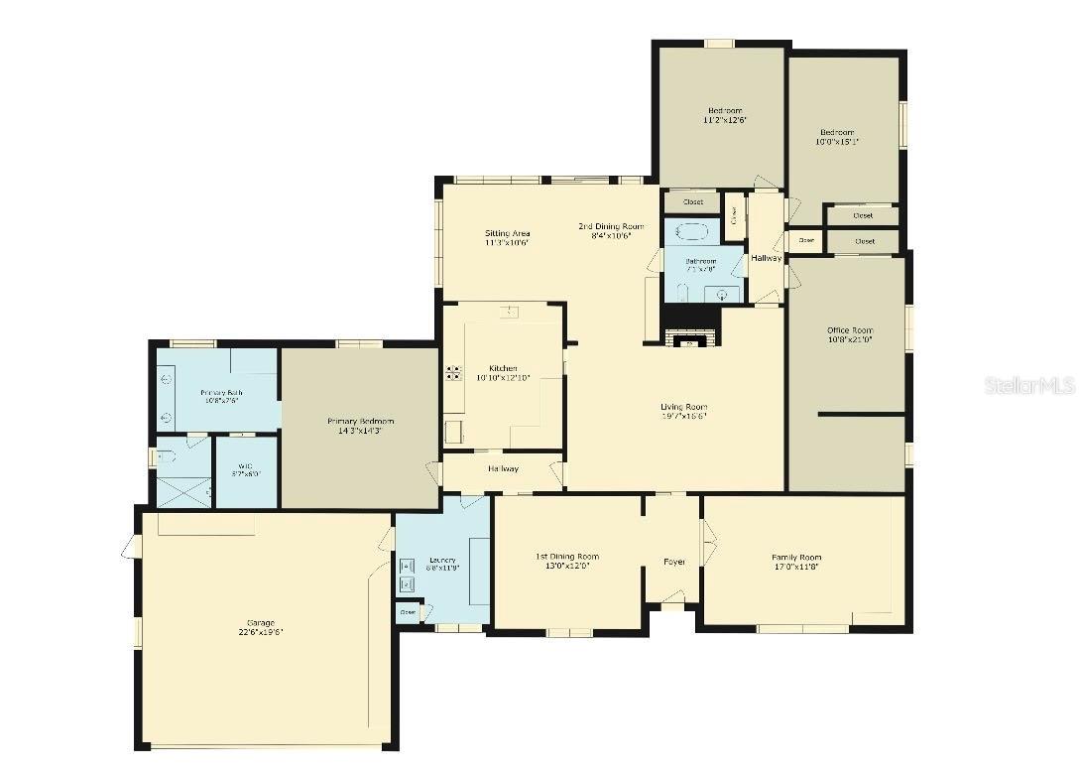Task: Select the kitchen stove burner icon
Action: click(x=454, y=373)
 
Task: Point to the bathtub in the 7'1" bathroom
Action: click(x=691, y=233)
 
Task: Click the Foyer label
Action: click(x=674, y=562)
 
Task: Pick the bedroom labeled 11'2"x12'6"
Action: click(x=724, y=115)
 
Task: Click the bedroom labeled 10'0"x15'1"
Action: click(x=836, y=137)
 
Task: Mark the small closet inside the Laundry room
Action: click(x=408, y=612)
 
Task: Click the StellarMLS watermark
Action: click(x=1029, y=385)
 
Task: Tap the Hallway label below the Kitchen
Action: click(x=503, y=468)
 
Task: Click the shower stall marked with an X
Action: click(x=183, y=491)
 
